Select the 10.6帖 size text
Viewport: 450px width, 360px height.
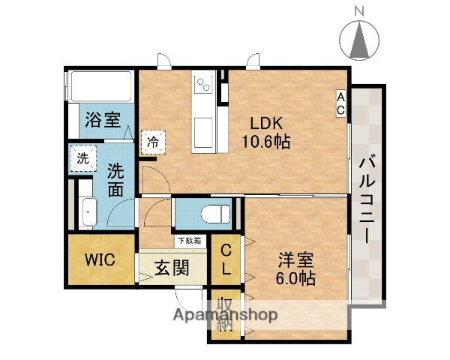click(265, 140)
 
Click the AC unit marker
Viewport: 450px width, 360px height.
click(340, 103)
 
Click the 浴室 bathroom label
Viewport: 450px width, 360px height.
click(103, 119)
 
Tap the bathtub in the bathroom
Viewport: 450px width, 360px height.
click(100, 87)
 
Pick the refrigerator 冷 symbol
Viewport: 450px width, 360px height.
click(154, 140)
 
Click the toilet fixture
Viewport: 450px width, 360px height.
click(216, 212)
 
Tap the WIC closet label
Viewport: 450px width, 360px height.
click(98, 260)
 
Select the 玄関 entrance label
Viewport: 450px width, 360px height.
click(172, 268)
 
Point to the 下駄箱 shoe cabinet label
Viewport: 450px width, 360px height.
click(187, 241)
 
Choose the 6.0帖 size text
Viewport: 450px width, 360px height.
click(295, 277)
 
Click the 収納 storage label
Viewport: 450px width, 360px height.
click(224, 314)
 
